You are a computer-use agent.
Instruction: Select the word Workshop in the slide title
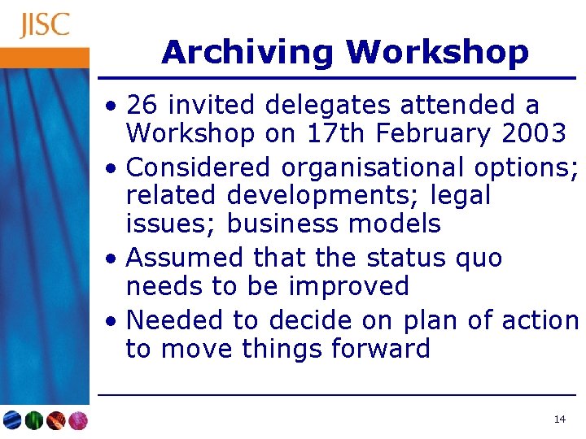[x=437, y=53]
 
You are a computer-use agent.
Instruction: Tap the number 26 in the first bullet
[x=144, y=105]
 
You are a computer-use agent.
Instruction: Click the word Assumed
[x=186, y=258]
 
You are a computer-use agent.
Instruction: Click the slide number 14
[x=559, y=419]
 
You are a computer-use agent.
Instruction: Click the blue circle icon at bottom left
[x=13, y=420]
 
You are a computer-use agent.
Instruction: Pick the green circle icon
[x=34, y=420]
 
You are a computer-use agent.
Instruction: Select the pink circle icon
[x=77, y=420]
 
